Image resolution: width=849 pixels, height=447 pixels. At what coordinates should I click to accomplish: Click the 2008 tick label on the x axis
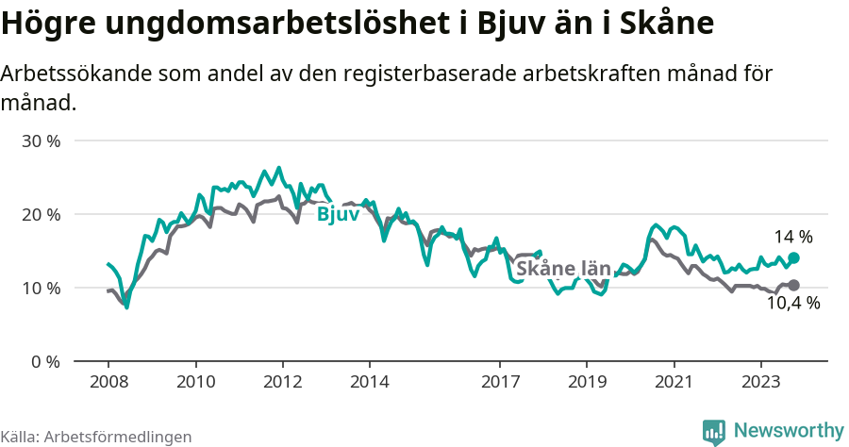pyautogui.click(x=108, y=382)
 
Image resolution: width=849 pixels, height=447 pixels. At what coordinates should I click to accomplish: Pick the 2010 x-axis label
pyautogui.click(x=195, y=382)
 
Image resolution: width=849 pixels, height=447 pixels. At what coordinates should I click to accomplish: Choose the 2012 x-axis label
pyautogui.click(x=282, y=382)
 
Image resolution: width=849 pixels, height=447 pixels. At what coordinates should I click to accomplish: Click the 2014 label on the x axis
pyautogui.click(x=369, y=382)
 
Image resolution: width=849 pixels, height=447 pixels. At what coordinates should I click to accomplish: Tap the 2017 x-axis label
pyautogui.click(x=500, y=382)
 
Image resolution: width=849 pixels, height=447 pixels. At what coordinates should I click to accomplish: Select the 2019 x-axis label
pyautogui.click(x=587, y=382)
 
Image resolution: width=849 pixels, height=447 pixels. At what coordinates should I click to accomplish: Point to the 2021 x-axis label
pyautogui.click(x=674, y=382)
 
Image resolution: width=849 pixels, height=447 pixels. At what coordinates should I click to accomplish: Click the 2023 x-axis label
pyautogui.click(x=760, y=382)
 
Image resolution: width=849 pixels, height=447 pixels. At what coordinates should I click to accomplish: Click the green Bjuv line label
pyautogui.click(x=338, y=215)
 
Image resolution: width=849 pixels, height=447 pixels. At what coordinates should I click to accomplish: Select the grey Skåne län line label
pyautogui.click(x=563, y=269)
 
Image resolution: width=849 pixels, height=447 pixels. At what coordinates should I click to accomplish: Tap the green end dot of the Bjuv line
pyautogui.click(x=793, y=257)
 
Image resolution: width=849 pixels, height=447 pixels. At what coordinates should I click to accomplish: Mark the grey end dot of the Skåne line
pyautogui.click(x=793, y=285)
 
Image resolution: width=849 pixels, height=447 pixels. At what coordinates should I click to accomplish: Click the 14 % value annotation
pyautogui.click(x=793, y=237)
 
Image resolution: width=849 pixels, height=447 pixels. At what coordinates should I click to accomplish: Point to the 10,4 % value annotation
pyautogui.click(x=793, y=304)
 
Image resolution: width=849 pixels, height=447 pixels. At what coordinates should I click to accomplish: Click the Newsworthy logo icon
pyautogui.click(x=715, y=431)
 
